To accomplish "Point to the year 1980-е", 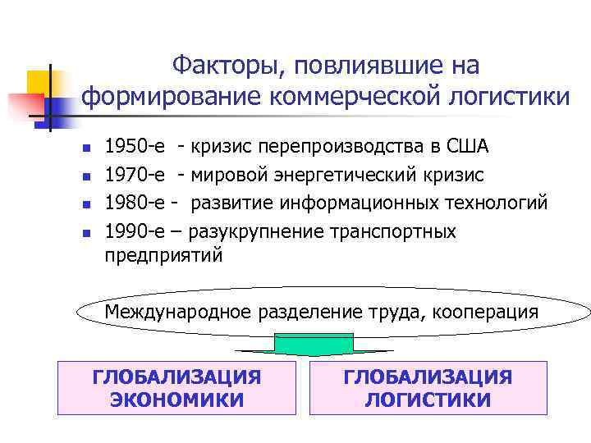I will (133, 203).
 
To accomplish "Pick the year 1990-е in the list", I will (133, 231).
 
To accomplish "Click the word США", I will (468, 148).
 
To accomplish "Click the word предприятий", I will (163, 256).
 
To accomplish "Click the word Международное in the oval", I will (178, 312).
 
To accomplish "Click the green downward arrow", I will (314, 345).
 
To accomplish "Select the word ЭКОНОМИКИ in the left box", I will (176, 400).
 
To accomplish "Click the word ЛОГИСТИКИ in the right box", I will (428, 400).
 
